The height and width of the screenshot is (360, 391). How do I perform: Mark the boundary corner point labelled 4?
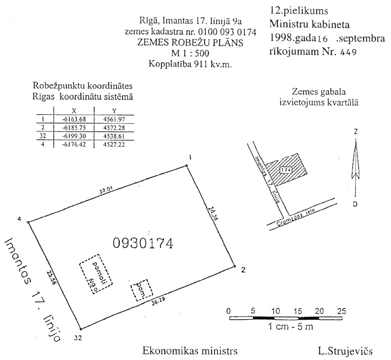28,222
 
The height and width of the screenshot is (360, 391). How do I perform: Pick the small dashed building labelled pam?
140,289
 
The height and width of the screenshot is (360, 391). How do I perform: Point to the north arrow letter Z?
357,133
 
